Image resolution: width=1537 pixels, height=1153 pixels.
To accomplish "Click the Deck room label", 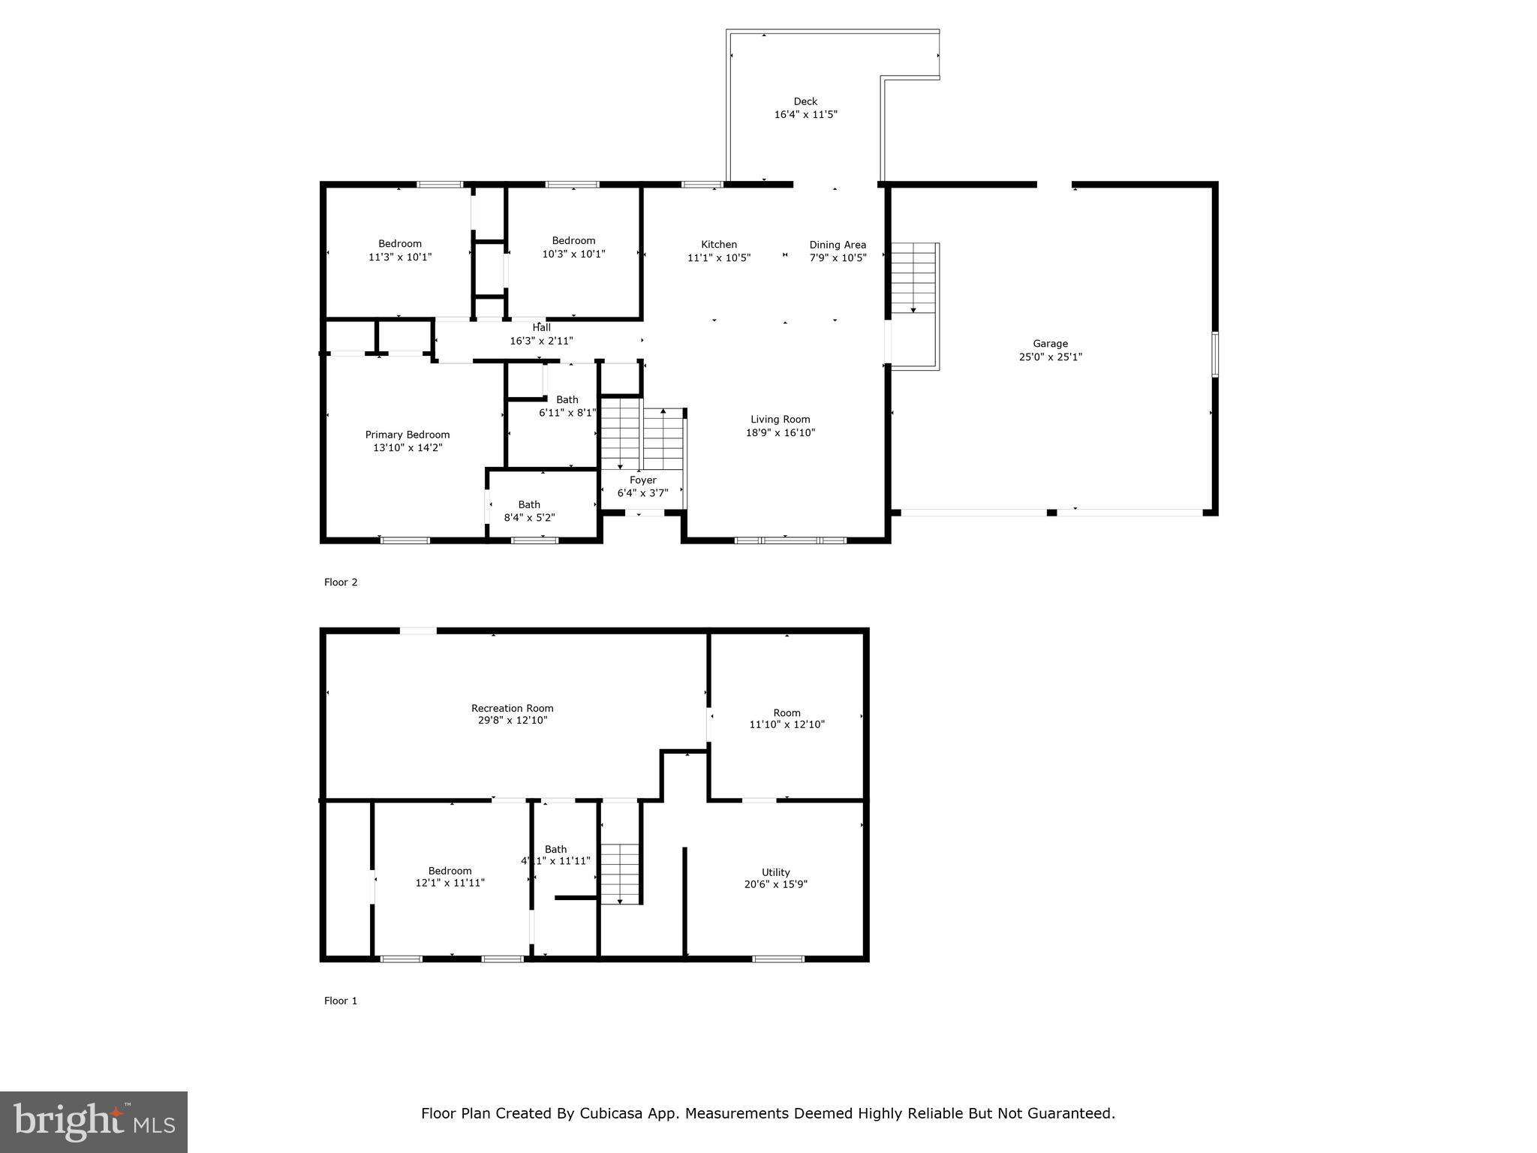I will tap(805, 101).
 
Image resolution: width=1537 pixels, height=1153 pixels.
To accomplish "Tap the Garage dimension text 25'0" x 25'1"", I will tap(1050, 357).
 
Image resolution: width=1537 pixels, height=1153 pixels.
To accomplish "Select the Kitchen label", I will tap(719, 244).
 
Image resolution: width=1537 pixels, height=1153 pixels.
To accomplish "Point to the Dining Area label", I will tap(838, 245).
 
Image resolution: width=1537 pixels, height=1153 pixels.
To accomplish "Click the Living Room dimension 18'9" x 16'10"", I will tap(781, 432).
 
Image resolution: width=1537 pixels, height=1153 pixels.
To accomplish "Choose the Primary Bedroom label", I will tap(408, 435).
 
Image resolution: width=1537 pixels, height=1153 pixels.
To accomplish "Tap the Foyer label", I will tap(643, 480).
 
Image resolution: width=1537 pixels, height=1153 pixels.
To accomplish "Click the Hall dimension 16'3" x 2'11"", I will tap(541, 341).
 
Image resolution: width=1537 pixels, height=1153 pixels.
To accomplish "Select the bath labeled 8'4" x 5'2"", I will tap(529, 511).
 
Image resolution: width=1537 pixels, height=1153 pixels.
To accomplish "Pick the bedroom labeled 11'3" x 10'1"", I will tap(400, 250).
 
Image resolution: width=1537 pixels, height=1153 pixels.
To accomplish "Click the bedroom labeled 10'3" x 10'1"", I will tap(573, 247).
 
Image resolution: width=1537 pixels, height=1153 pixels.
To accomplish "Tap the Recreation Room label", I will tap(513, 708).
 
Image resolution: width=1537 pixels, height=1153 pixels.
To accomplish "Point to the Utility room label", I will tap(776, 872).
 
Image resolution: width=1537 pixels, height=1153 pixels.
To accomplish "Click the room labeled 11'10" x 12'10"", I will tap(787, 718).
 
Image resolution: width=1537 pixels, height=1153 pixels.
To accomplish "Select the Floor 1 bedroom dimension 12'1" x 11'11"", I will tap(450, 883).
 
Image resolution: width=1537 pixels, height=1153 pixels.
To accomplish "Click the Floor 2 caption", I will tap(341, 582).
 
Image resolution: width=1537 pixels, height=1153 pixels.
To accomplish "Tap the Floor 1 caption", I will tap(341, 1001).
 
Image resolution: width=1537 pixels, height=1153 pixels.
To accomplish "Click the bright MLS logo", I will tap(94, 1122).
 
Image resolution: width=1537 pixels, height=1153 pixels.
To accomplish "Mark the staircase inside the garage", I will tap(913, 278).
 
